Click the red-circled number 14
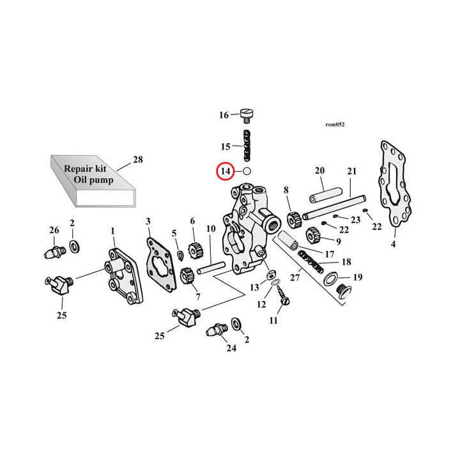[x=225, y=171]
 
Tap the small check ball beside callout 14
[x=247, y=171]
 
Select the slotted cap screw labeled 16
[x=247, y=115]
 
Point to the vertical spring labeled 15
[x=247, y=146]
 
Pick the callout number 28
[x=138, y=160]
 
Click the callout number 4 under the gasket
[x=393, y=243]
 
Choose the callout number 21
[x=351, y=171]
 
